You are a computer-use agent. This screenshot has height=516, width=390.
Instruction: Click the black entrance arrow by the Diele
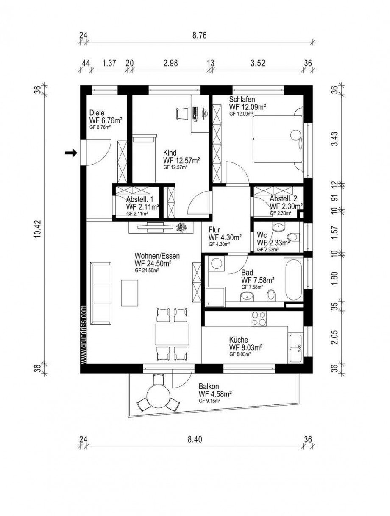click(70, 153)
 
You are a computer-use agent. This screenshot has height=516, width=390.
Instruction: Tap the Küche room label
click(239, 340)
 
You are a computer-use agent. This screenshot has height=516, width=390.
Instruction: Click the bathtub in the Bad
click(294, 280)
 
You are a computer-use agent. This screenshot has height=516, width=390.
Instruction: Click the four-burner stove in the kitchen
click(258, 318)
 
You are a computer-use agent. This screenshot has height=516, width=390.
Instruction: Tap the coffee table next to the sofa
click(130, 293)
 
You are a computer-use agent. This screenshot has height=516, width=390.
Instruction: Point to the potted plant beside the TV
click(182, 227)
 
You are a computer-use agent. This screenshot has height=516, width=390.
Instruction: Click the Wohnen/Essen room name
click(157, 256)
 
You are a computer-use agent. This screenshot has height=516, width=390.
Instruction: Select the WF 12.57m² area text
click(181, 160)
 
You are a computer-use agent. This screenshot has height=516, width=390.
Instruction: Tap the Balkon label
click(209, 386)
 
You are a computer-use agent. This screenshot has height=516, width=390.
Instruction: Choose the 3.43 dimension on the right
click(335, 138)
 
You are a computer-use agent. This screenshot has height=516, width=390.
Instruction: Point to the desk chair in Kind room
click(181, 113)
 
